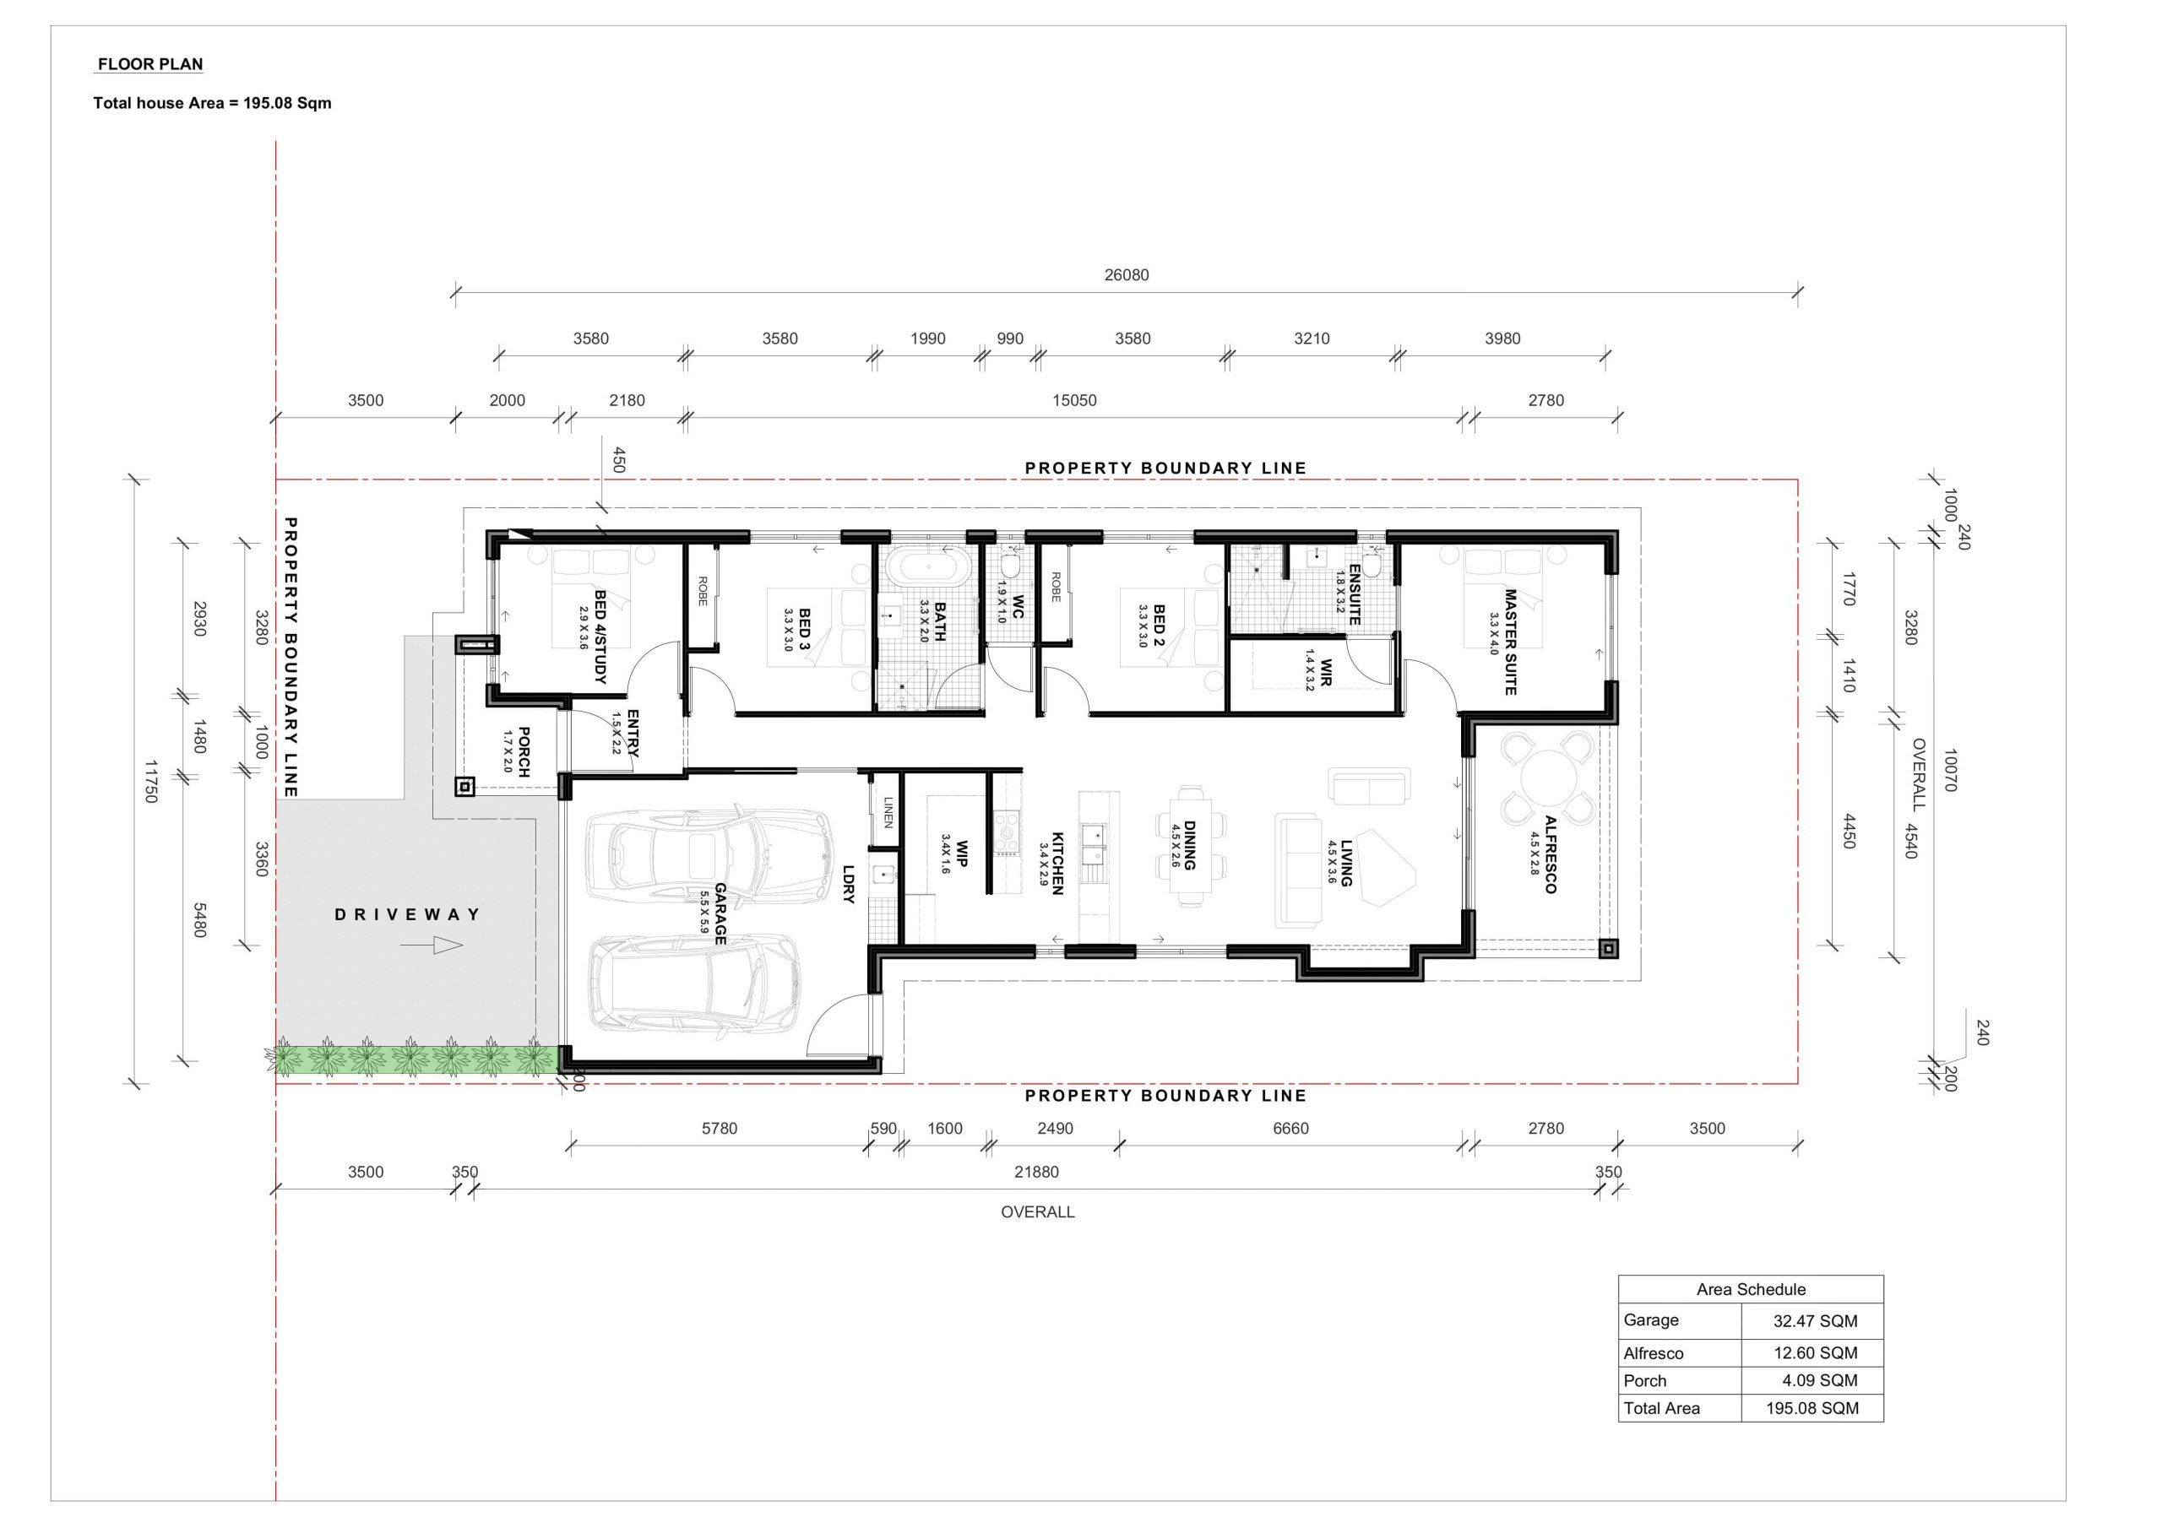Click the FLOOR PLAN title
(150, 64)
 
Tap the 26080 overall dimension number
(1127, 275)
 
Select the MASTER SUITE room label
(1510, 642)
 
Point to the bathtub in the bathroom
(927, 567)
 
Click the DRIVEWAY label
(408, 914)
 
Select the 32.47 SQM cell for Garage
(1816, 1321)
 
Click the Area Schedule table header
(1751, 1289)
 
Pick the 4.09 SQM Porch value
(1820, 1380)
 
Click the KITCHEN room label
(1057, 863)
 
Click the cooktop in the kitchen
(1008, 832)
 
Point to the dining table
(1188, 845)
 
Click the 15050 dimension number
(1074, 400)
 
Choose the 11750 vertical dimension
(150, 782)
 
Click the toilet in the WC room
(1009, 566)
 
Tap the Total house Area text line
(213, 103)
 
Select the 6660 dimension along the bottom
(1290, 1128)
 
